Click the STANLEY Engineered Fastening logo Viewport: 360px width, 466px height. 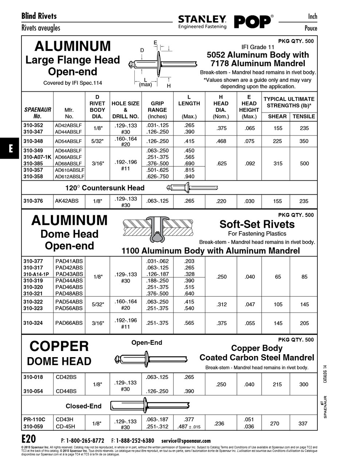click(x=202, y=22)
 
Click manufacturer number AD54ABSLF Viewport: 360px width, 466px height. click(x=68, y=141)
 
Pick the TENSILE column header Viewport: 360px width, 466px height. click(x=304, y=116)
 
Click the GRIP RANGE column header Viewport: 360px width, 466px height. click(x=157, y=110)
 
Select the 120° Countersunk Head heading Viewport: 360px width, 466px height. click(x=105, y=188)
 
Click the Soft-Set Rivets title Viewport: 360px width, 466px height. click(x=257, y=224)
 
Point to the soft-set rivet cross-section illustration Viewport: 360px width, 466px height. click(x=159, y=229)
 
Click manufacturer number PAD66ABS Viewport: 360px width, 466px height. click(x=69, y=323)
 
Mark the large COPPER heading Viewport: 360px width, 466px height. click(x=59, y=346)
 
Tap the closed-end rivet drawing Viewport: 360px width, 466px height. click(x=150, y=406)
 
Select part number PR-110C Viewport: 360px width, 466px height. click(x=34, y=419)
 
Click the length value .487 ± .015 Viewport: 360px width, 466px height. click(x=189, y=427)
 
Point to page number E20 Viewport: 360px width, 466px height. click(x=29, y=438)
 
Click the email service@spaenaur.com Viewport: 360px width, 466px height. click(x=186, y=441)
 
